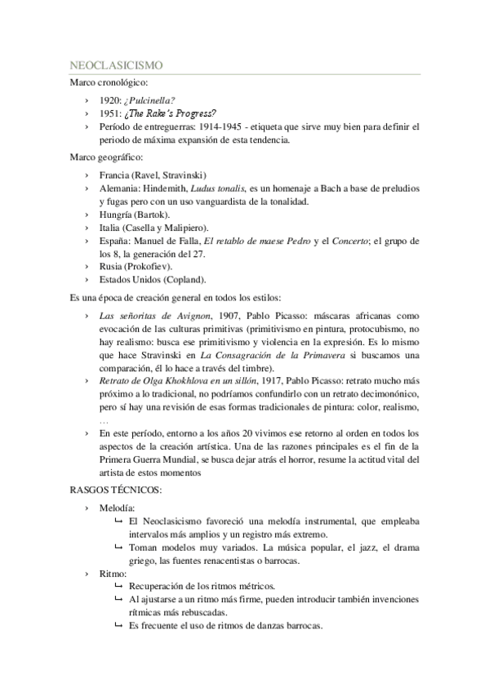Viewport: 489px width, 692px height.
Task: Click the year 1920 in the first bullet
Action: [109, 100]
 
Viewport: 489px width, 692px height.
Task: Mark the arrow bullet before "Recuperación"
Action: [119, 587]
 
